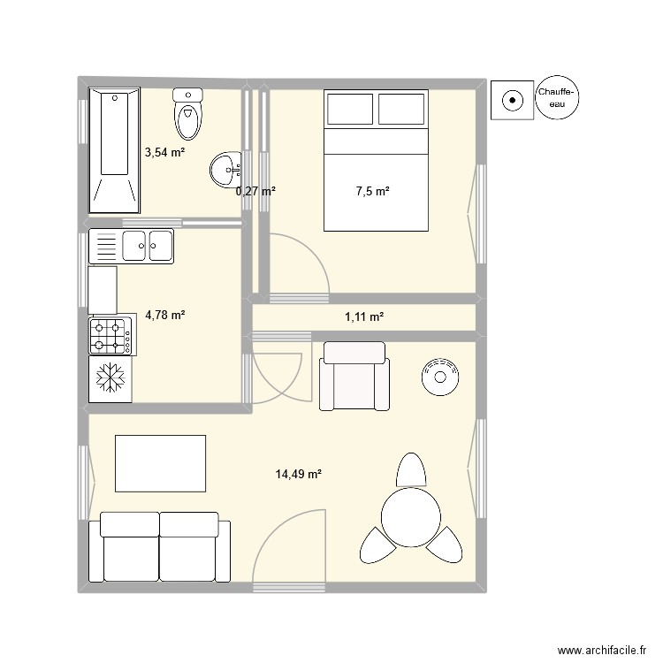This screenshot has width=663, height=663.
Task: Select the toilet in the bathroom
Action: [187, 113]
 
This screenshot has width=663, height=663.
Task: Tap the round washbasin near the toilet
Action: [225, 166]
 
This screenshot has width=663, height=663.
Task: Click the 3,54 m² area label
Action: [165, 152]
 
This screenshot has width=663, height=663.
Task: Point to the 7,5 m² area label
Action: [372, 191]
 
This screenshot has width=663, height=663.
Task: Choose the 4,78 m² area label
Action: [165, 315]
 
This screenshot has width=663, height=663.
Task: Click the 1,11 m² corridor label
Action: [364, 316]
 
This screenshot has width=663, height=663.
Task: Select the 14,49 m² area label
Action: [298, 475]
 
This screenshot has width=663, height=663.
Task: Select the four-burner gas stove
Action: [111, 336]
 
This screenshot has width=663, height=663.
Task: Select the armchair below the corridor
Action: [354, 377]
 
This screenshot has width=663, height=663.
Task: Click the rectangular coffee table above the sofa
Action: [160, 462]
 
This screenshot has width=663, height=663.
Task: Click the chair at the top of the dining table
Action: [411, 469]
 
